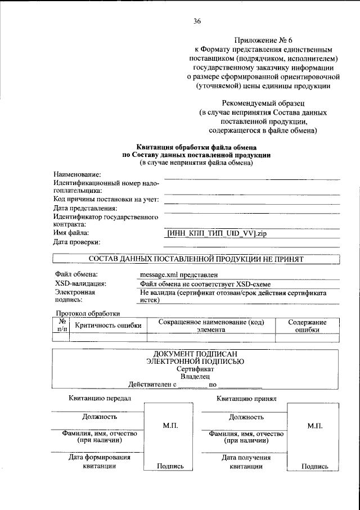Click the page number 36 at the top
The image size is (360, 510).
point(197,21)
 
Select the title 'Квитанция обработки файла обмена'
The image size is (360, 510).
point(197,147)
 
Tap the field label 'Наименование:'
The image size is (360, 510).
point(77,175)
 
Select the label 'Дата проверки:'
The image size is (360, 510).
point(77,242)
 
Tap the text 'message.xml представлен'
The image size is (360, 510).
point(178,275)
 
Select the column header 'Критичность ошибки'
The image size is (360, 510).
point(108,326)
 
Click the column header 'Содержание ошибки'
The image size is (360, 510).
point(307,326)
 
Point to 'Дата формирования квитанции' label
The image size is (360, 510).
point(100,462)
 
